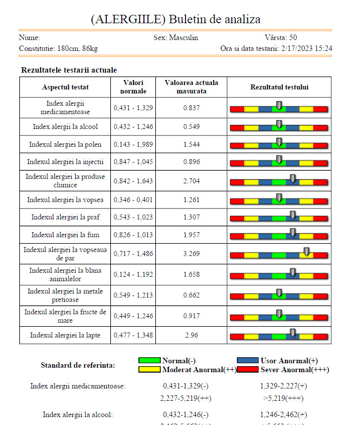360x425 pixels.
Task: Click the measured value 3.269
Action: [191, 255]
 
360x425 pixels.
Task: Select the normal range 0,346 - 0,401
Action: [133, 200]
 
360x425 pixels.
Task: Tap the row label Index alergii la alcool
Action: [65, 127]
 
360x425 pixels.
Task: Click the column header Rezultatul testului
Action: [279, 87]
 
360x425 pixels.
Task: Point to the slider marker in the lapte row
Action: [293, 333]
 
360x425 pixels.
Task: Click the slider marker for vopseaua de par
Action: [307, 252]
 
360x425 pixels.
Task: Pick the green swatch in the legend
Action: [149, 361]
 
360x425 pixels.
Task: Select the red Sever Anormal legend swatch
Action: [248, 370]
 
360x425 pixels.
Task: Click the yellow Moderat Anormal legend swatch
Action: [149, 370]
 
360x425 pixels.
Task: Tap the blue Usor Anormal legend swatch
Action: [248, 361]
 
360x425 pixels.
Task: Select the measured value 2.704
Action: [191, 181]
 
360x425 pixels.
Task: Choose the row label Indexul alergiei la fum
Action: [65, 235]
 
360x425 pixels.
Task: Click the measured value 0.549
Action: [191, 127]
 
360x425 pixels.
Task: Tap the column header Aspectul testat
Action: [65, 87]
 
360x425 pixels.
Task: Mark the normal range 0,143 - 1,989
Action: [133, 145]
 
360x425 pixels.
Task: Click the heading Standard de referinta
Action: [78, 365]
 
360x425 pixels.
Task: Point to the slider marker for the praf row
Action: [293, 214]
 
